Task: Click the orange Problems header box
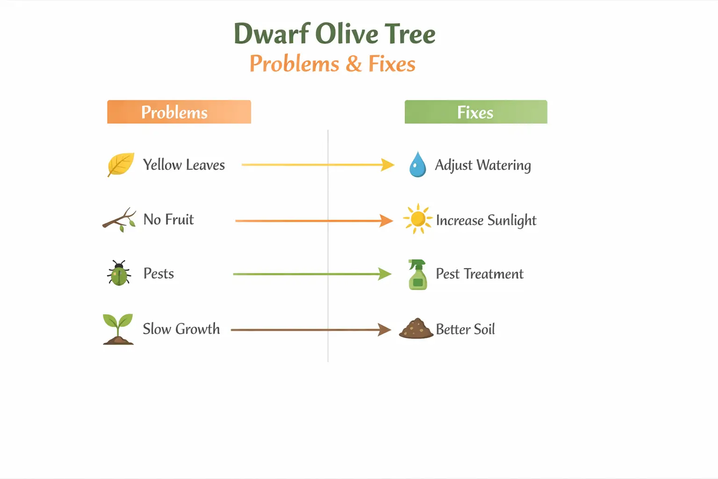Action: pos(179,112)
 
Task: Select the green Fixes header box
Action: pos(475,112)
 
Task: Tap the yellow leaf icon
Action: pos(121,164)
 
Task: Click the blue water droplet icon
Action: pos(417,164)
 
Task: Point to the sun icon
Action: pos(417,219)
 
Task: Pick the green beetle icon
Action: pos(119,273)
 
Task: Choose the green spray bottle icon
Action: pos(417,275)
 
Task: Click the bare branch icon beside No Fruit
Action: pos(119,220)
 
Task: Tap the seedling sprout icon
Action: pos(118,329)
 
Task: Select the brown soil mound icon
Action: pos(416,328)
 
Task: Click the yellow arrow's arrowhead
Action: pos(388,165)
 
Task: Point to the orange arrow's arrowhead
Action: pos(386,220)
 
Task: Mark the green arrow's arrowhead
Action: pos(385,274)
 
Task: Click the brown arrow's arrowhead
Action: pos(384,330)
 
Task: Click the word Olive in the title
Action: pos(346,34)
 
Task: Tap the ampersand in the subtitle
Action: pos(354,64)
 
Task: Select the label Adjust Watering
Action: pos(483,165)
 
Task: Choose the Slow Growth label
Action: pos(181,329)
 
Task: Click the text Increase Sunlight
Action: pos(486,220)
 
